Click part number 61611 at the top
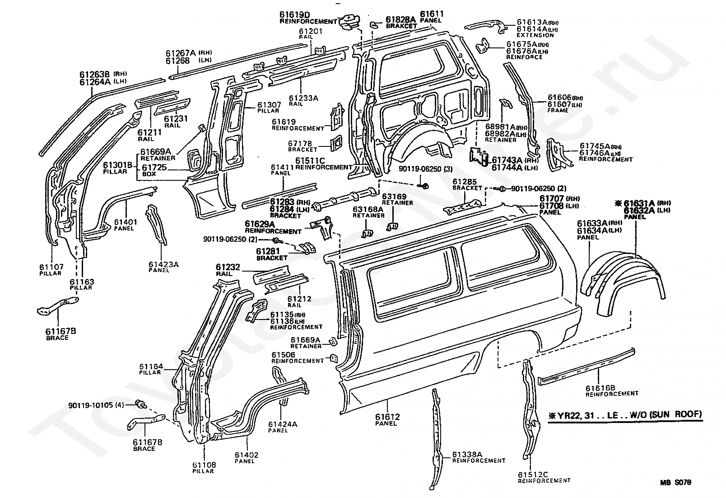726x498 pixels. (432, 14)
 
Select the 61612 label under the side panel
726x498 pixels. (387, 417)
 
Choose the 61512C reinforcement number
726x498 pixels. (533, 474)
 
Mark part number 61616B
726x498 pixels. (600, 387)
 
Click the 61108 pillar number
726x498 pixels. (204, 465)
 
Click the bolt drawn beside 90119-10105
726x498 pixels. (140, 404)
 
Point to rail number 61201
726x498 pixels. (311, 31)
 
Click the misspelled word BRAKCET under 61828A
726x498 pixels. (401, 26)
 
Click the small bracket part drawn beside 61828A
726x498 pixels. (374, 23)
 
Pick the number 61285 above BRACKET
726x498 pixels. (465, 182)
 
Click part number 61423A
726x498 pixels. (163, 264)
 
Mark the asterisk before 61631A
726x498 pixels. (618, 203)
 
